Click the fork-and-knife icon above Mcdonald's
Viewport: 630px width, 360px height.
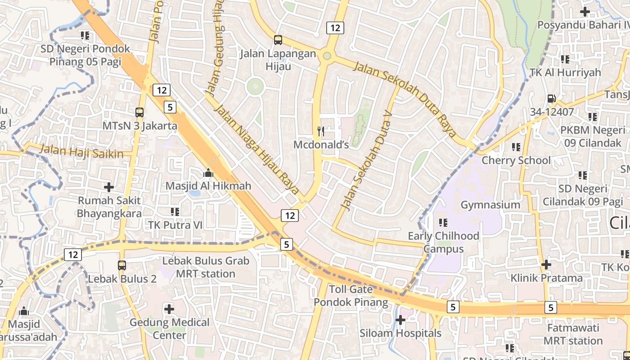pos(321,131)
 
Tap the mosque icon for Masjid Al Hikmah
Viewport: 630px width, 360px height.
pos(208,172)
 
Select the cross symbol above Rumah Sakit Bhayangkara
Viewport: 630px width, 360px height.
pos(108,187)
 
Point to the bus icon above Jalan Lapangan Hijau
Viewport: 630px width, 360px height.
pos(278,40)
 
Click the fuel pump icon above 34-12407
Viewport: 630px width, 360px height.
pos(551,99)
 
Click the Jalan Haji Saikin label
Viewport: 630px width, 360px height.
pos(81,151)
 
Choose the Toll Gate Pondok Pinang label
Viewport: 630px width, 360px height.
pos(351,295)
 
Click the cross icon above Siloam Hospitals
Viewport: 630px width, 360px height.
pos(400,320)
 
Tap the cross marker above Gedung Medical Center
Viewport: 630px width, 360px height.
pos(169,309)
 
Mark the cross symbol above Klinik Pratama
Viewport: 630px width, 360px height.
pos(546,265)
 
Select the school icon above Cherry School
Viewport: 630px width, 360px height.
pos(516,147)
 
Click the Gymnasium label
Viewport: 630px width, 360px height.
pos(490,205)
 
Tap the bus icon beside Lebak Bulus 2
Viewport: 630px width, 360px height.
pos(122,265)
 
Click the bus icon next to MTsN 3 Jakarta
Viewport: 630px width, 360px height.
pos(139,112)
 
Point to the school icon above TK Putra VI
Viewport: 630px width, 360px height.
pos(175,211)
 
